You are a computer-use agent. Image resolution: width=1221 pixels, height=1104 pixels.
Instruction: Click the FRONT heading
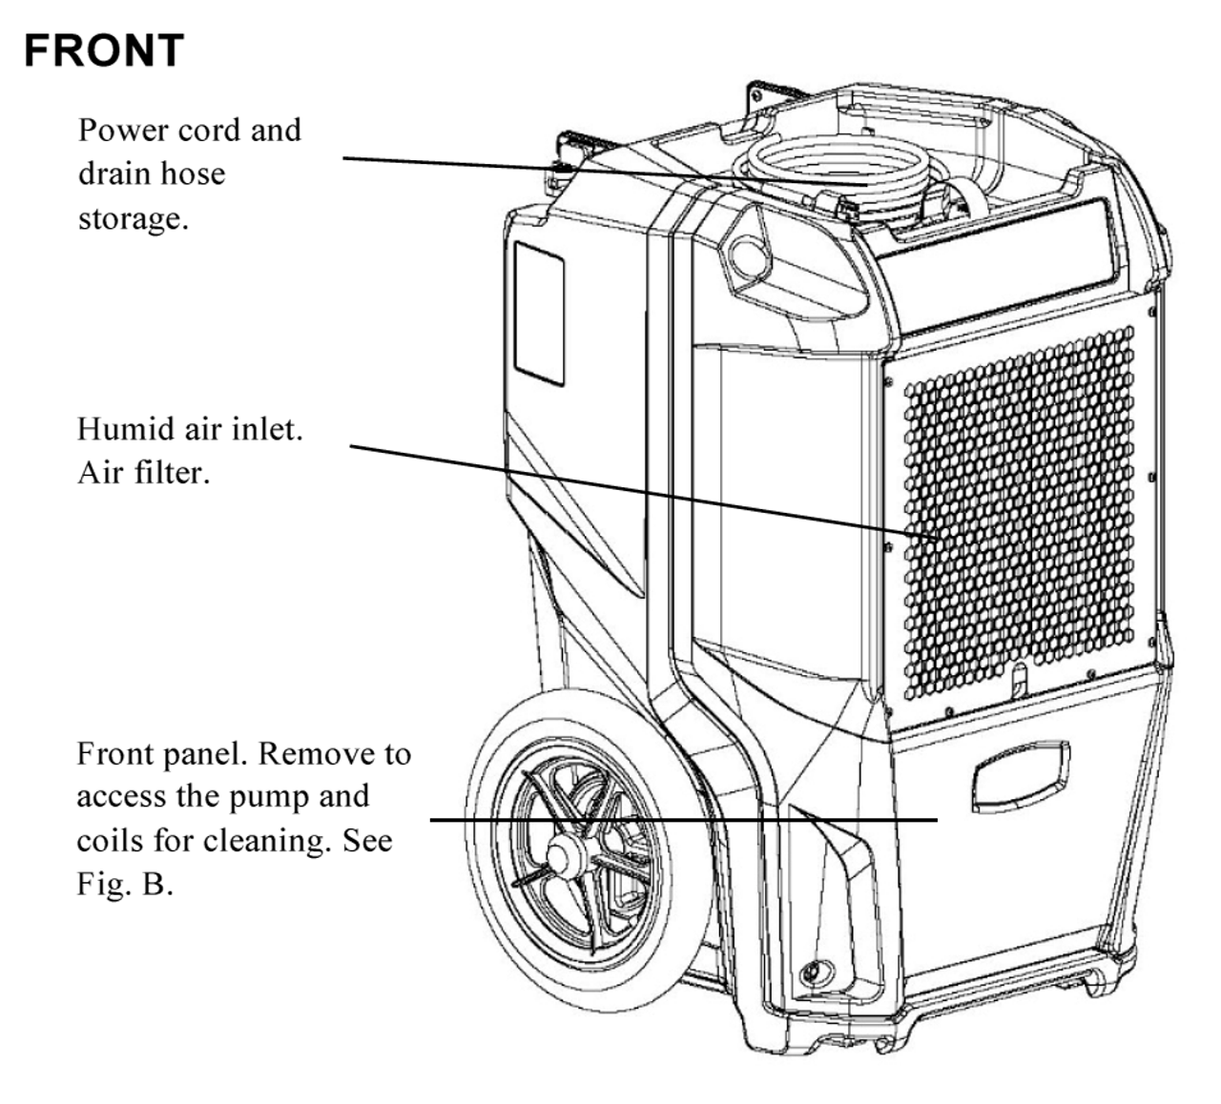[103, 51]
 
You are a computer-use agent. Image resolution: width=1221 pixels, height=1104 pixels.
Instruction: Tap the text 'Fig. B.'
[125, 884]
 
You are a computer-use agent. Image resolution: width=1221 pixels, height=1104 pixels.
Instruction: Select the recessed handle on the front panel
[1019, 779]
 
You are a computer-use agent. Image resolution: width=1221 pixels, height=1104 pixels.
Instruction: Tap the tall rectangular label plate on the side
[539, 313]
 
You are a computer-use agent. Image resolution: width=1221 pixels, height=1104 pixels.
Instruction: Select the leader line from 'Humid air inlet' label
[630, 489]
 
